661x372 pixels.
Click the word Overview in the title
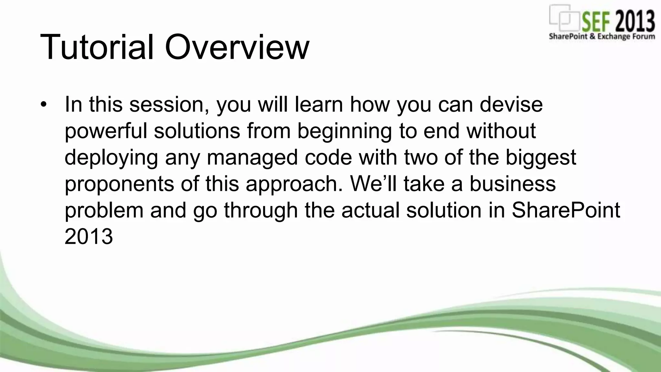click(237, 47)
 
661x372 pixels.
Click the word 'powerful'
click(106, 131)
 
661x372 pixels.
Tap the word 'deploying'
click(111, 158)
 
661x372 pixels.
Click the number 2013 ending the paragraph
click(89, 237)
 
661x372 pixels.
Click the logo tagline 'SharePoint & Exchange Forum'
click(602, 36)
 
